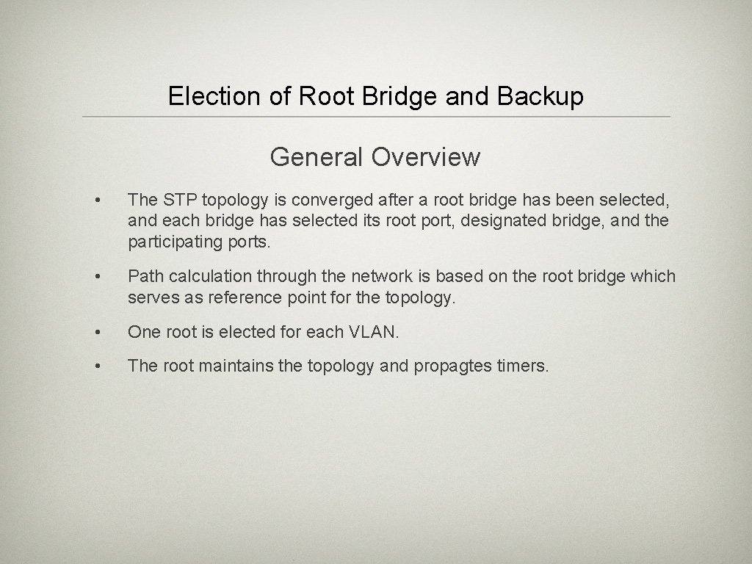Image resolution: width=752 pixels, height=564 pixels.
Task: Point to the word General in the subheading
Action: [x=317, y=156]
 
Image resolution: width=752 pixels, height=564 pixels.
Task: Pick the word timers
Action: [x=522, y=366]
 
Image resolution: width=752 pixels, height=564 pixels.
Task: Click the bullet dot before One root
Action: [x=96, y=333]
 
